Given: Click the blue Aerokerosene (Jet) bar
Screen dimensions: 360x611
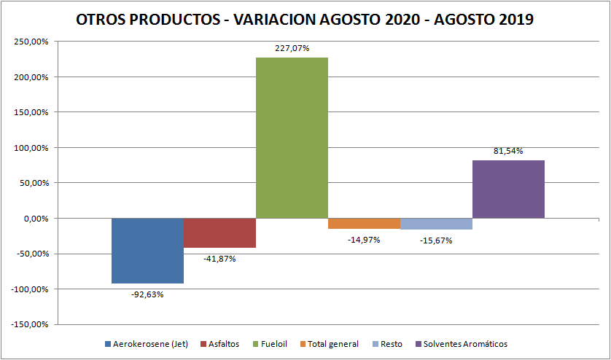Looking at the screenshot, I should click(147, 251).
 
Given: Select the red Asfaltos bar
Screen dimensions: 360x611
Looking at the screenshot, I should click(219, 233).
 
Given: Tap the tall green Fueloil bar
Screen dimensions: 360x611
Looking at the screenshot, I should click(292, 138).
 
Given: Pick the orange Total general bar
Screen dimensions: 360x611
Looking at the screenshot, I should click(364, 224).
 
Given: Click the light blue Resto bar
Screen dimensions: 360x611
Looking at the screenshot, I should click(436, 224).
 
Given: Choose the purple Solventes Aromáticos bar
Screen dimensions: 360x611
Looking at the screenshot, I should click(508, 189).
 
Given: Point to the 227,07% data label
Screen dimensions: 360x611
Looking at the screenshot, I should click(292, 49).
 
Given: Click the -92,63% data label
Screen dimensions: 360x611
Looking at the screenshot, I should click(147, 294).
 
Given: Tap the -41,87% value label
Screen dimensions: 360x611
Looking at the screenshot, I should click(219, 259).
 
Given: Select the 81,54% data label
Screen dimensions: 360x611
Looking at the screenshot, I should click(508, 151).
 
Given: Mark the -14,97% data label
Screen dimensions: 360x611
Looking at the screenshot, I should click(364, 240).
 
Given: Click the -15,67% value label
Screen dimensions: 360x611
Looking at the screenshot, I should click(436, 240).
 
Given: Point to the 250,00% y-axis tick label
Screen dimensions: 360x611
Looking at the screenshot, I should click(31, 42).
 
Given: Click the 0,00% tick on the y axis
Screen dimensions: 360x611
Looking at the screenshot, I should click(34, 219).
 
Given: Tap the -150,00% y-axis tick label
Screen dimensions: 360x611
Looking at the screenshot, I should click(29, 325).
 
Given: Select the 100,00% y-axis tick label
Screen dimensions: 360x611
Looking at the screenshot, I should click(31, 148).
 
